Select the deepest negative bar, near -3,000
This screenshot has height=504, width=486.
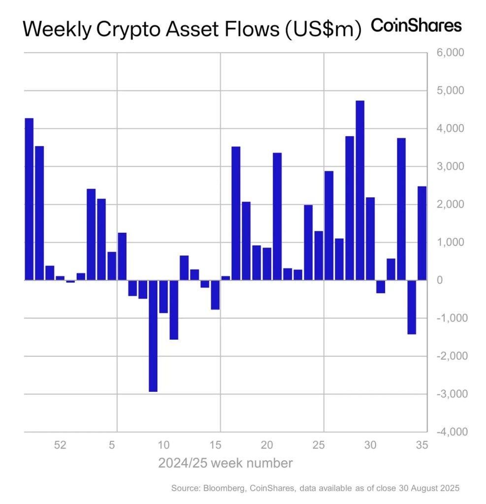click(x=153, y=336)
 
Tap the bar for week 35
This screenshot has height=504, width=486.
click(x=422, y=233)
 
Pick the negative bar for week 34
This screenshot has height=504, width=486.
click(x=412, y=307)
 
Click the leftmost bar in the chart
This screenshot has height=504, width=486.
click(x=29, y=199)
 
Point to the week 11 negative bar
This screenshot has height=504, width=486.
click(x=174, y=310)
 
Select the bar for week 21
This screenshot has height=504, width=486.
click(x=277, y=217)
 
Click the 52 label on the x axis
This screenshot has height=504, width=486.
click(x=60, y=445)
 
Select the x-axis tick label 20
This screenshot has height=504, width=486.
click(x=267, y=445)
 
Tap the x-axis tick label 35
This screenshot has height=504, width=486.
click(x=422, y=445)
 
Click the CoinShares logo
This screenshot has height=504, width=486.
click(x=416, y=26)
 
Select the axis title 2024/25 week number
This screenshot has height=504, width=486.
click(x=226, y=463)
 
